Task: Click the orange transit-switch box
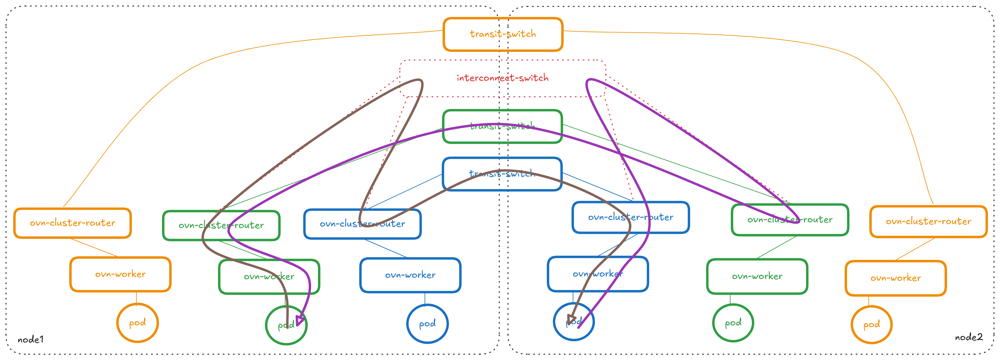(503, 34)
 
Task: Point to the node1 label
(31, 340)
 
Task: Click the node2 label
(969, 337)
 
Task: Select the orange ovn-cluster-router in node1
(73, 223)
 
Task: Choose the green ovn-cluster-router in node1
(221, 225)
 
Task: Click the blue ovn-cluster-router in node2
(631, 218)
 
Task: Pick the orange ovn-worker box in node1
(120, 274)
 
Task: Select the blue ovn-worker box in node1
(410, 275)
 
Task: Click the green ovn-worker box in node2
(757, 276)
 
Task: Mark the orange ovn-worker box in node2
(896, 278)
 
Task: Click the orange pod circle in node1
(137, 323)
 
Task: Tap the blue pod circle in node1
(427, 324)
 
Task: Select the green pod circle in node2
(733, 323)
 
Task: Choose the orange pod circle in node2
(871, 325)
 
